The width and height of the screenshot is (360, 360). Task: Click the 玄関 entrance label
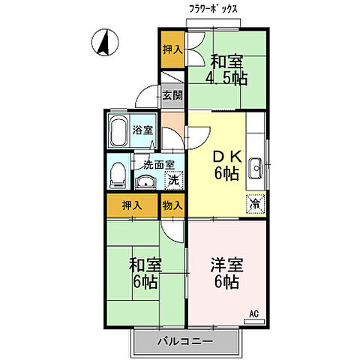click(x=172, y=95)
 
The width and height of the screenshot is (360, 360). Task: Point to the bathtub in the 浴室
click(x=119, y=132)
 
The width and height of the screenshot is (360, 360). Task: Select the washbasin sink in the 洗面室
click(x=145, y=182)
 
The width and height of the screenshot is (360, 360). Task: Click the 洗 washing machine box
click(x=172, y=180)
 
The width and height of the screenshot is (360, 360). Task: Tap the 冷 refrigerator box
click(x=255, y=202)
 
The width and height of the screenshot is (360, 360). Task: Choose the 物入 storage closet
click(x=172, y=205)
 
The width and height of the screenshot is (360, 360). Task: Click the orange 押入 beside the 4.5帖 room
click(x=172, y=50)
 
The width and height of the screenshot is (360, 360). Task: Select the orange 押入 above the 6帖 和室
click(x=133, y=205)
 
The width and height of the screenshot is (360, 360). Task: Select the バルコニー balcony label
click(x=185, y=342)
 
